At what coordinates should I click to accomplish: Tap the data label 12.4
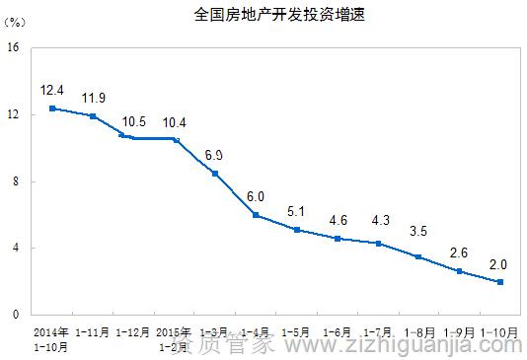51,91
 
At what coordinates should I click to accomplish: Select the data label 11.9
94,98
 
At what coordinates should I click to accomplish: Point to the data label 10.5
134,121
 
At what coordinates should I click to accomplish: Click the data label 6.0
256,196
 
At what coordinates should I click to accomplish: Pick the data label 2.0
498,263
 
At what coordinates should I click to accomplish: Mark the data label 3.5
418,233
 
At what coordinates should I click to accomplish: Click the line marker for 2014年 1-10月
51,108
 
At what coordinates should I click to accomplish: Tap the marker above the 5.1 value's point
296,230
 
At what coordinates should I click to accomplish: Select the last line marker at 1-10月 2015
500,282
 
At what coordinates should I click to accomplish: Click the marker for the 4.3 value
378,243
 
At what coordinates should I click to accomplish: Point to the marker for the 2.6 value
459,271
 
